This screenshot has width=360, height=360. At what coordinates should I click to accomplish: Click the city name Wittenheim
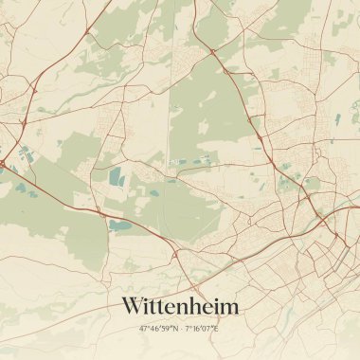pos(180,306)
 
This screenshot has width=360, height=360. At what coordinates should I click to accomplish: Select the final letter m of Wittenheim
pos(228,307)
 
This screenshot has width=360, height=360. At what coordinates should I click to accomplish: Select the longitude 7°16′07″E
pos(202,329)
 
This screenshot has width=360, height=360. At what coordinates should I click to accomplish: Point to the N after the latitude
pos(175,329)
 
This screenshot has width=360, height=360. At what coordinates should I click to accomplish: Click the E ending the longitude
pos(217,329)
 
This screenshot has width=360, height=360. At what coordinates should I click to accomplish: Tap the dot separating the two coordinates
pos(181,329)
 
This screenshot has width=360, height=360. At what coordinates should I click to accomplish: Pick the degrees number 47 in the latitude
pos(144,329)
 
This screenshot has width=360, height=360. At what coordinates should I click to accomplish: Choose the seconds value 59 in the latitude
pos(168,329)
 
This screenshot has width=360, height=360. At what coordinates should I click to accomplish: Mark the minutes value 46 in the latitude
pos(155,329)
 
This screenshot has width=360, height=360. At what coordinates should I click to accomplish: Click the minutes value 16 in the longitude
pos(196,329)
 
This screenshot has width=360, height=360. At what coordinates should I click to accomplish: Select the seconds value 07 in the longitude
pos(208,329)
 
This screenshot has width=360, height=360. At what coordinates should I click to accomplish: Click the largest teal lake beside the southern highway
pos(120,225)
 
